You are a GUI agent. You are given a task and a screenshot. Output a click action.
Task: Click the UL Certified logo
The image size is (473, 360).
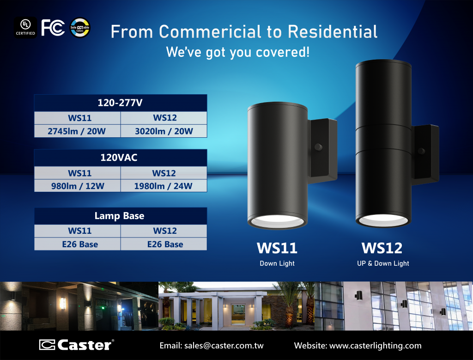coord(26,27)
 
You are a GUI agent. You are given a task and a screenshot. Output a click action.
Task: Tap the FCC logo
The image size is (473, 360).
coord(53,28)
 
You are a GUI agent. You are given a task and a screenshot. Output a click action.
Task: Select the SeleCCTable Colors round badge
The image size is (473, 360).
coord(80,28)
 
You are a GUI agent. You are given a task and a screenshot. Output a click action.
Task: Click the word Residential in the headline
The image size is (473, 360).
coord(333,32)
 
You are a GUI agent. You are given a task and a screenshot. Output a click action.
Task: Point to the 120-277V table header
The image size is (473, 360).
coord(121,103)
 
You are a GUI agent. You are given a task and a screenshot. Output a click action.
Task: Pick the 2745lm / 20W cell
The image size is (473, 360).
coord(78,131)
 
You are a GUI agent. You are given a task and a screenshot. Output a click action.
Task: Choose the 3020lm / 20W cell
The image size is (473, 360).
coord(164,131)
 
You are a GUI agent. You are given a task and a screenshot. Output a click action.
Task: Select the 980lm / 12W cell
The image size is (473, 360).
coord(78,186)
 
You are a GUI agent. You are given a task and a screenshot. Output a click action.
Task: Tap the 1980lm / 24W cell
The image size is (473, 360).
coord(164,186)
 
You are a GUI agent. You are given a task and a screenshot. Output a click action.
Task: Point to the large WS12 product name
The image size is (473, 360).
coord(382,248)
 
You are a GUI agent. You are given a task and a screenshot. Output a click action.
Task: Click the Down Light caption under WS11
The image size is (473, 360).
coord(277,263)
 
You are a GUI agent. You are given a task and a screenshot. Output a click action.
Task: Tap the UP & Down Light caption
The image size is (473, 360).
coord(383,263)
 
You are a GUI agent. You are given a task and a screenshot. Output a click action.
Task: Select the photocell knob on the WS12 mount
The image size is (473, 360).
coord(421,151)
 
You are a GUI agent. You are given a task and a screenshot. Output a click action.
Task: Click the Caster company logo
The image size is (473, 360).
coord(77,345)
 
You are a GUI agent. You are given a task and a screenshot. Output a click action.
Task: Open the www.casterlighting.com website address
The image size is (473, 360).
coord(375,346)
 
